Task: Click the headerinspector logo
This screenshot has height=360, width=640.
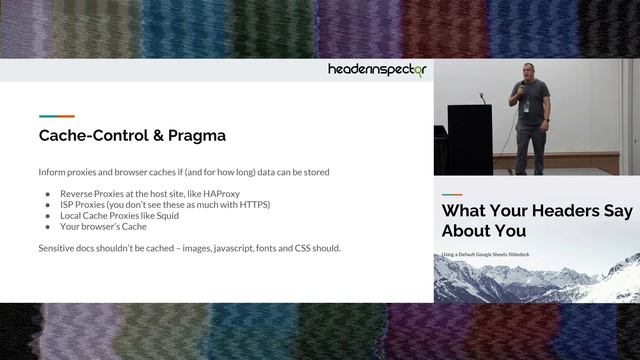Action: coord(378,70)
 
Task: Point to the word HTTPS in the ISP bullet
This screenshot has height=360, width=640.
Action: coord(250,204)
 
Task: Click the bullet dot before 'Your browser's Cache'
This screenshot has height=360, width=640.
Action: coord(47,226)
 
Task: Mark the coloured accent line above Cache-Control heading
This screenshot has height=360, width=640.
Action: coord(56,116)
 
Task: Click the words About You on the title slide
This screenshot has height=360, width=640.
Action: coord(486,232)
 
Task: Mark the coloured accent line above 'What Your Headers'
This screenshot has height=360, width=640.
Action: coord(452,193)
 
